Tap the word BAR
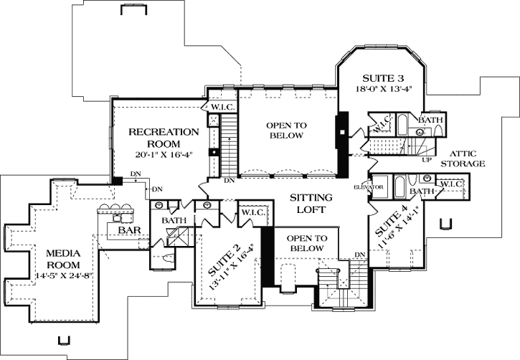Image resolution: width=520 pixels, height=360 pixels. tap(129, 231)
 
